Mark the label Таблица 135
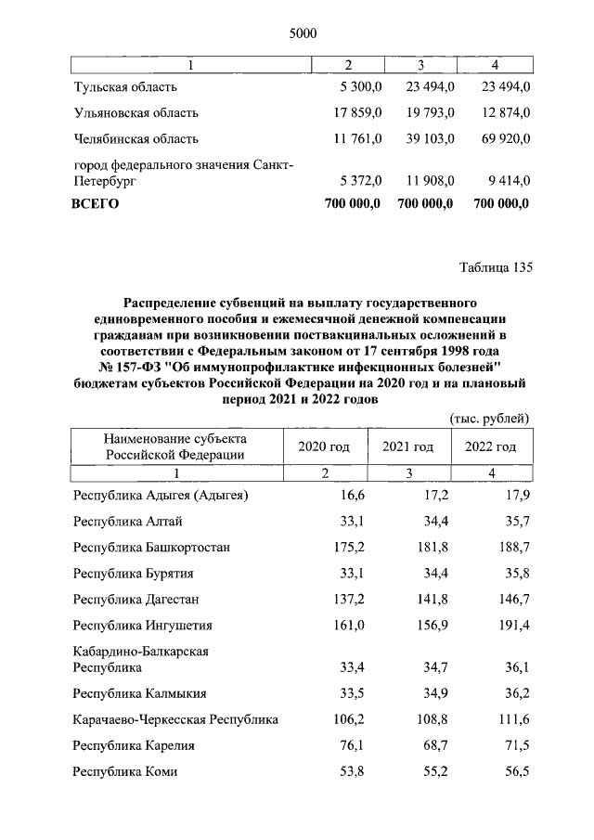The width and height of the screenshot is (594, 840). pos(496,269)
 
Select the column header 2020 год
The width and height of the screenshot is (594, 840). pos(324,446)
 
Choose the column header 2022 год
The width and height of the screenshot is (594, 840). pos(490,446)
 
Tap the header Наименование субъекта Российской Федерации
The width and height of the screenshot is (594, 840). pos(175,446)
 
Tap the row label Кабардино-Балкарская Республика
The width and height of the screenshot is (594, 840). pos(140,659)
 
